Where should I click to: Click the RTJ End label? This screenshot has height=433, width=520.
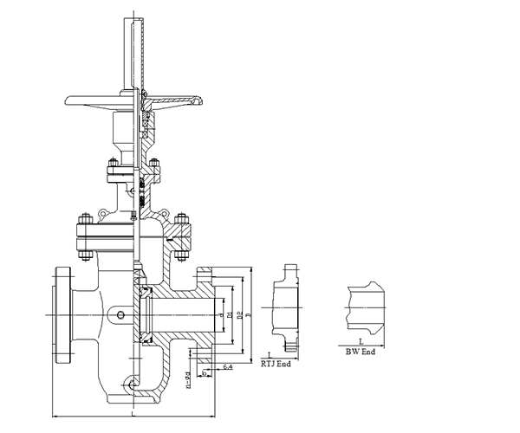pos(276,364)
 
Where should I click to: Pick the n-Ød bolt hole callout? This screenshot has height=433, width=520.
pos(189,382)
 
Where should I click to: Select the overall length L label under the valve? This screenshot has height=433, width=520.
pos(132,416)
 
